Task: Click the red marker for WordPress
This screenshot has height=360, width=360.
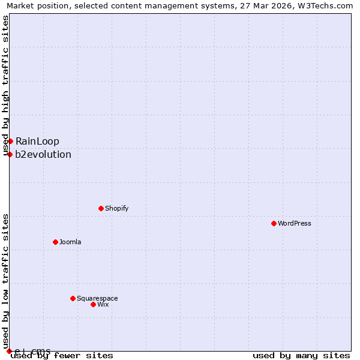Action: (274, 223)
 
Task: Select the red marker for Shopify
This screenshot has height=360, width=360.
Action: (101, 208)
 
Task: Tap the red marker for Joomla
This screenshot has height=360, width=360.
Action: (55, 242)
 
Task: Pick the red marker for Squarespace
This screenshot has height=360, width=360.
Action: (73, 298)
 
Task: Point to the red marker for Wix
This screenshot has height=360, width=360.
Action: (93, 304)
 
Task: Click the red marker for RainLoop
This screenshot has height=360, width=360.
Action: (10, 141)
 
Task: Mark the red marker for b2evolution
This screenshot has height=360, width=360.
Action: (10, 154)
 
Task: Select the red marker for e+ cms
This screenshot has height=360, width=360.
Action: (9, 351)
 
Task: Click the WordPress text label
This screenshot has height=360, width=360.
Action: (294, 223)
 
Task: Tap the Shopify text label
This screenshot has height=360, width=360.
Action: (116, 208)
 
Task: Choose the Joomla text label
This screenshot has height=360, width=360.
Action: (70, 242)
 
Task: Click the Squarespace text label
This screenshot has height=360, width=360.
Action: (97, 298)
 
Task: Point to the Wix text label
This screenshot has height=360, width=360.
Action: (103, 304)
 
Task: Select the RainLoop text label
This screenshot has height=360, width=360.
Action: (37, 141)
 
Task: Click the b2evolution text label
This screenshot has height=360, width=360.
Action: (43, 154)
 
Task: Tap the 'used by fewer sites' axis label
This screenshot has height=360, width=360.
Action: (62, 355)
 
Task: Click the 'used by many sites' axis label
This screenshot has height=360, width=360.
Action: (301, 355)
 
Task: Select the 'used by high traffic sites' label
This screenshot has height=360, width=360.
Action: (5, 85)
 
